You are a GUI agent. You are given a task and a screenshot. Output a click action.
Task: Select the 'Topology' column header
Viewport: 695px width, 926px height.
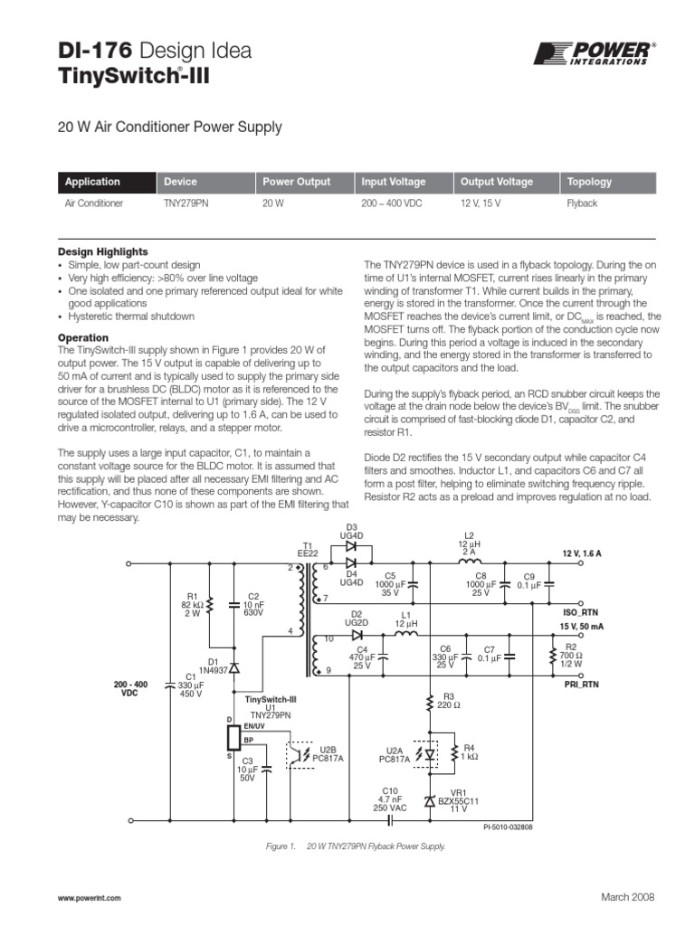pyautogui.click(x=589, y=182)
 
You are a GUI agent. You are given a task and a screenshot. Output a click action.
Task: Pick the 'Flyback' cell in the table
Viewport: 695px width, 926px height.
pyautogui.click(x=582, y=204)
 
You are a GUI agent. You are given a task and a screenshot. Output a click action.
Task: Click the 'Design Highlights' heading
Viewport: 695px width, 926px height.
pyautogui.click(x=103, y=251)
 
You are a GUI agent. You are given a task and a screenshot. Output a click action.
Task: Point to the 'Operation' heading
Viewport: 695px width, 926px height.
pyautogui.click(x=83, y=338)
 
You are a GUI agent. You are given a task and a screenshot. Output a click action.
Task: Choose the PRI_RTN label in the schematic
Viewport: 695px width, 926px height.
pyautogui.click(x=582, y=685)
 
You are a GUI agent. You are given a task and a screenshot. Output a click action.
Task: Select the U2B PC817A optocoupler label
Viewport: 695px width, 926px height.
pyautogui.click(x=328, y=753)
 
